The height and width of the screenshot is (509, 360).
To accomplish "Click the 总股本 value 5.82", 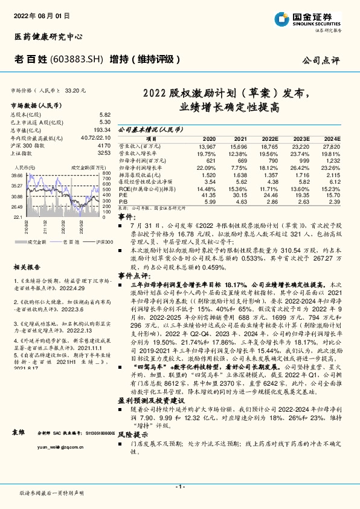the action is pos(105,114).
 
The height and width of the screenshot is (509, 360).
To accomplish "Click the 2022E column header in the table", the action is pos(270,138).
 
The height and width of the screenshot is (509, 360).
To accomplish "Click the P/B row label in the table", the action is pos(123,203).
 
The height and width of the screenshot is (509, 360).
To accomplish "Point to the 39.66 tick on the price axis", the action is pos(17,175).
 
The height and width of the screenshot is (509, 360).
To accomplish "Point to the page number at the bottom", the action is pos(179,485).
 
